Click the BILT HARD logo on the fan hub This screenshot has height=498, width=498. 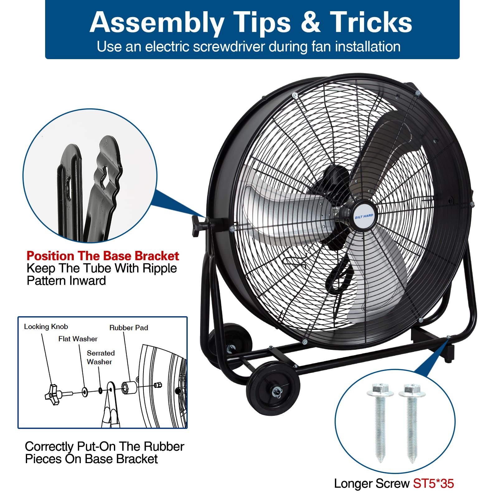pos(364,216)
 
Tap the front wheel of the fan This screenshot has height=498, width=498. pos(273,388)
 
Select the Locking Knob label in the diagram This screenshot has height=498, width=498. pos(46,327)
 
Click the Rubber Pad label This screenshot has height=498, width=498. pos(129,327)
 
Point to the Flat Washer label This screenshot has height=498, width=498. pos(78,339)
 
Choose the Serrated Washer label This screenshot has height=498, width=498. pos(101,357)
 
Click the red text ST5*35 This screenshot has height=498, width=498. pos(433,483)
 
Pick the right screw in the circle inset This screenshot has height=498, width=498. pos(412,423)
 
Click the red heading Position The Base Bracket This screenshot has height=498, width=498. pos(103,256)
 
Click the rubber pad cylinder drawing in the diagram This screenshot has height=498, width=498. pos(129,388)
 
